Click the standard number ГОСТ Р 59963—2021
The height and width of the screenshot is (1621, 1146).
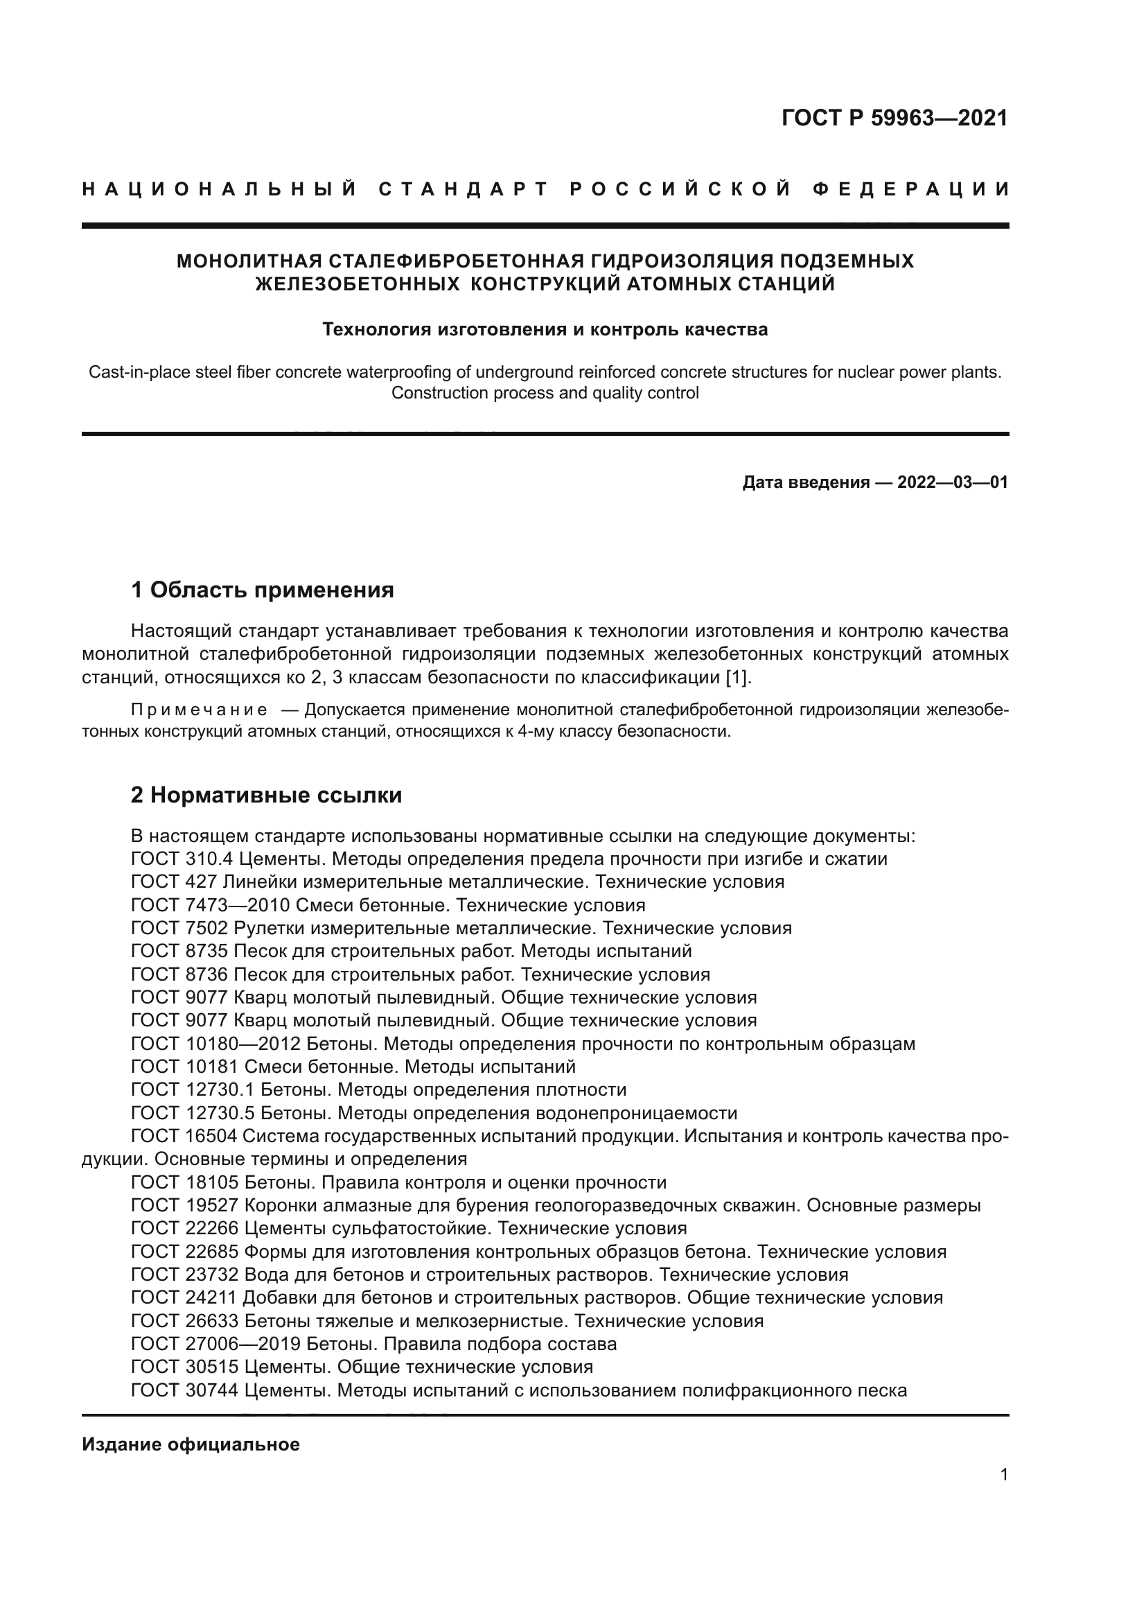[x=894, y=118]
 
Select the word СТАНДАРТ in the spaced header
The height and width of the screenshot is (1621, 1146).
[x=463, y=189]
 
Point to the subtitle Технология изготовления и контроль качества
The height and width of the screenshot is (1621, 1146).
[x=545, y=329]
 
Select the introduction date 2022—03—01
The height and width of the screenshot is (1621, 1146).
[x=952, y=482]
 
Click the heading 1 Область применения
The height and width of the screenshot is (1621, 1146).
[x=263, y=590]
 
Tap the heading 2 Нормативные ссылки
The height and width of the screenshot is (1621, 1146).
[x=266, y=795]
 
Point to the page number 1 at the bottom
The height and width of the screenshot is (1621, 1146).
[x=1003, y=1474]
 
